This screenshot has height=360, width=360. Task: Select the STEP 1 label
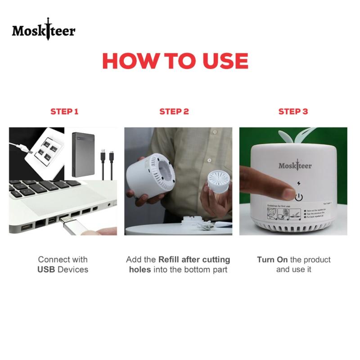click(64, 112)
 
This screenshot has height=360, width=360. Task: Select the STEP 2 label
click(174, 112)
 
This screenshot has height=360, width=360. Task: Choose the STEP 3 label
click(293, 112)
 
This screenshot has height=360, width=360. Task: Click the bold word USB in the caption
click(47, 270)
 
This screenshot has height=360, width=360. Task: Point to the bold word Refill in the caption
click(169, 260)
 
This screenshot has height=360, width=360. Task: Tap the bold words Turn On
click(272, 260)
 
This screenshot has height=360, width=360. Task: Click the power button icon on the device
click(299, 197)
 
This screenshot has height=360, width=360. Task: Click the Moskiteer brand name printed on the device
click(295, 166)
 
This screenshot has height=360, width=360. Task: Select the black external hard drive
click(85, 154)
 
